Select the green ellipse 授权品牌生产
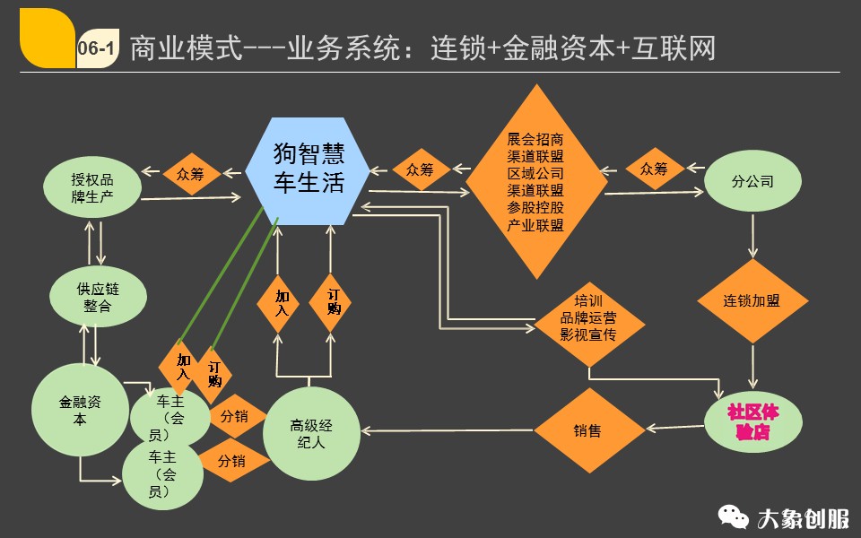pyautogui.click(x=92, y=187)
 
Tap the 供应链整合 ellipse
pyautogui.click(x=98, y=296)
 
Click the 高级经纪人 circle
pyautogui.click(x=310, y=433)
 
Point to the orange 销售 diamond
pyautogui.click(x=587, y=431)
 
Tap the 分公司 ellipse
pyautogui.click(x=752, y=182)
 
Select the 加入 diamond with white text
pyautogui.click(x=282, y=302)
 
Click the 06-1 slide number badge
pyautogui.click(x=96, y=48)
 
